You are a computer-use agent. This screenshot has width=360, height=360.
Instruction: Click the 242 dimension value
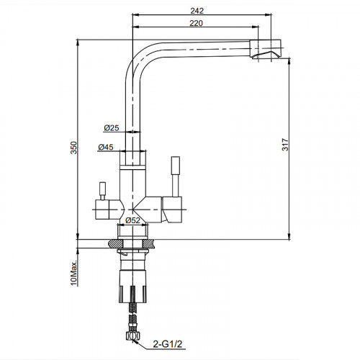pos(197,11)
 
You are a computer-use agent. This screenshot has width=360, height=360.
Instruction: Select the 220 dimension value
pos(196,23)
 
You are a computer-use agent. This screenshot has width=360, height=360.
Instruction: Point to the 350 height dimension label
pos(73,148)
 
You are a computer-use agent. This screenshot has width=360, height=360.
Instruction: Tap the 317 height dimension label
pos(285,144)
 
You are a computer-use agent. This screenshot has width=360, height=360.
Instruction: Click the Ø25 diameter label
pos(112,128)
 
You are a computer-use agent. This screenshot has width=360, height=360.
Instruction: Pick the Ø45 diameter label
pos(106,147)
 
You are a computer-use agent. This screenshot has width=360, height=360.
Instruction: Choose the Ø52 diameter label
pos(132,220)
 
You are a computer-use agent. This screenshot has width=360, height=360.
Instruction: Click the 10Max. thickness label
pos(74,273)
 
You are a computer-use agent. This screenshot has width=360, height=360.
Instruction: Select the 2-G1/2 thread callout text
pos(168,344)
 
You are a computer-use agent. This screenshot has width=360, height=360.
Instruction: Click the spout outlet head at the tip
pos(265,49)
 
